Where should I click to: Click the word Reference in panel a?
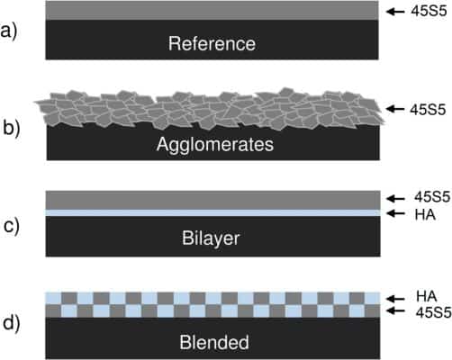point(212,43)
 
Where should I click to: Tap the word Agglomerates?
point(215,145)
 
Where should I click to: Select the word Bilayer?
point(211,238)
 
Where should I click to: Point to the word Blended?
point(214,342)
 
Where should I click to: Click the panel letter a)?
point(9,31)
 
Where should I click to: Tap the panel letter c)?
point(12,226)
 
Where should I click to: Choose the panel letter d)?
point(11,323)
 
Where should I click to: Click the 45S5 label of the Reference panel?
point(429,11)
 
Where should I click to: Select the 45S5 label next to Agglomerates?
point(428,110)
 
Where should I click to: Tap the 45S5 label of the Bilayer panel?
point(432,197)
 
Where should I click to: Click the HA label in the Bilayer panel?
point(425,215)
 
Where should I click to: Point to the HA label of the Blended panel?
point(427,296)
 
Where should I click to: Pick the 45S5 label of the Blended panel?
point(433,312)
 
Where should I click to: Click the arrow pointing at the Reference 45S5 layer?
point(395,12)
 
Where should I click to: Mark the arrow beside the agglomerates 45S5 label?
point(395,109)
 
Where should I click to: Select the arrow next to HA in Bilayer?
point(396,213)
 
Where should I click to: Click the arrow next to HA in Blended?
point(396,299)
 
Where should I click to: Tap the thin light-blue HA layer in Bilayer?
point(212,212)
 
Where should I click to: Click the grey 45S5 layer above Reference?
point(212,11)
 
